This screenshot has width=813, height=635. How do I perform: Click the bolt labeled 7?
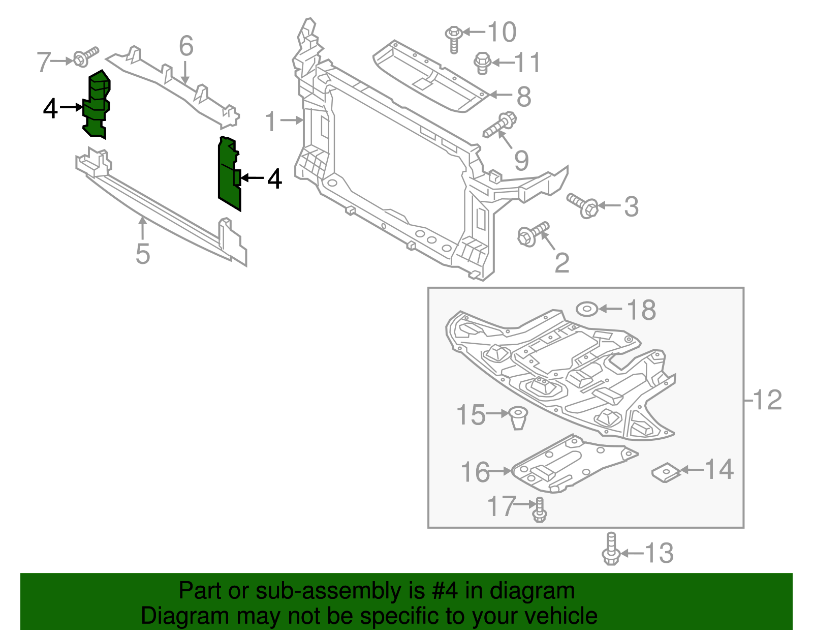pos(84,57)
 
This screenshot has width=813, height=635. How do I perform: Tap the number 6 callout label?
pos(186,46)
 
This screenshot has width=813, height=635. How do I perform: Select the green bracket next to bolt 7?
pos(97,104)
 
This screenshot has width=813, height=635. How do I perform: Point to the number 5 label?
pos(143,254)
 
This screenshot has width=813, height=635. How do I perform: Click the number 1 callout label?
pos(271,122)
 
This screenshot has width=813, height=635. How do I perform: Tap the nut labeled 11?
pos(482,63)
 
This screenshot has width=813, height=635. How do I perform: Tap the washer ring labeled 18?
pos(586,309)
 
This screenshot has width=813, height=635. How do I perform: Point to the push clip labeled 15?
pos(518,417)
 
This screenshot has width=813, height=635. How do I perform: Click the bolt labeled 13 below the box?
pos(611,550)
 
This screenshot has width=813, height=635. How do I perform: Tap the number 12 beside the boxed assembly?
pos(767,400)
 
